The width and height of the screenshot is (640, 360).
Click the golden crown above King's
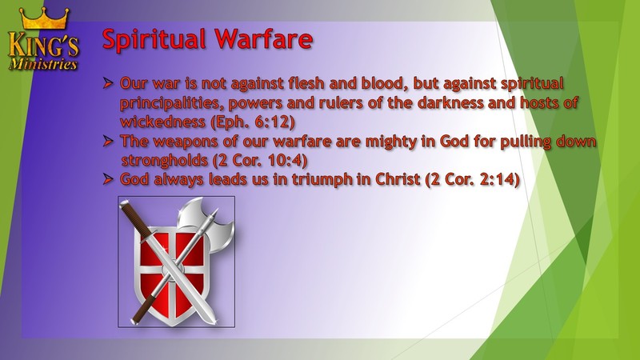point(44,18)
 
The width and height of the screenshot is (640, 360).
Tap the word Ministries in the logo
point(43,64)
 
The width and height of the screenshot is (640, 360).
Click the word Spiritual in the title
point(154,39)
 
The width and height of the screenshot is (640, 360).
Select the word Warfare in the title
point(264,38)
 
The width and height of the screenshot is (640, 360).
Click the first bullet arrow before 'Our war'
point(108,84)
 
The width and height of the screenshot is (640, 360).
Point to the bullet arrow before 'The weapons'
point(108,142)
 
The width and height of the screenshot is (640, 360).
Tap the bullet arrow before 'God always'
point(108,179)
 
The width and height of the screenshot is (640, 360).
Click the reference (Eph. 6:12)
point(253,122)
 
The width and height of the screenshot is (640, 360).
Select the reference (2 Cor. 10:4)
point(259,160)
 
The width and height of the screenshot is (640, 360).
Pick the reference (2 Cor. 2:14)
point(472,179)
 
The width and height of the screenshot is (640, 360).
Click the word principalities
point(172,103)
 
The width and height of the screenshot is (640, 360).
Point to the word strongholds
point(165,161)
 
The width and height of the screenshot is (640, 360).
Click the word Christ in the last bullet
point(398,179)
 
